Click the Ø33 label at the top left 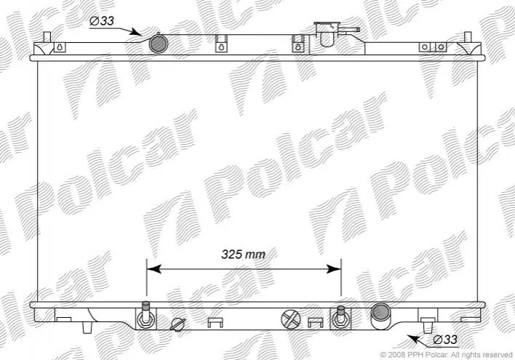(x=102, y=20)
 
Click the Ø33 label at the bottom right (x=445, y=340)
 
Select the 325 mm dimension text (x=243, y=254)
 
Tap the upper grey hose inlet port (x=159, y=44)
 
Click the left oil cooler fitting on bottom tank (x=145, y=316)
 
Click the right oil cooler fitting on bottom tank (x=341, y=318)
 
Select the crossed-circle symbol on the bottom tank (x=291, y=319)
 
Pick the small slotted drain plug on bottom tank (x=178, y=324)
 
